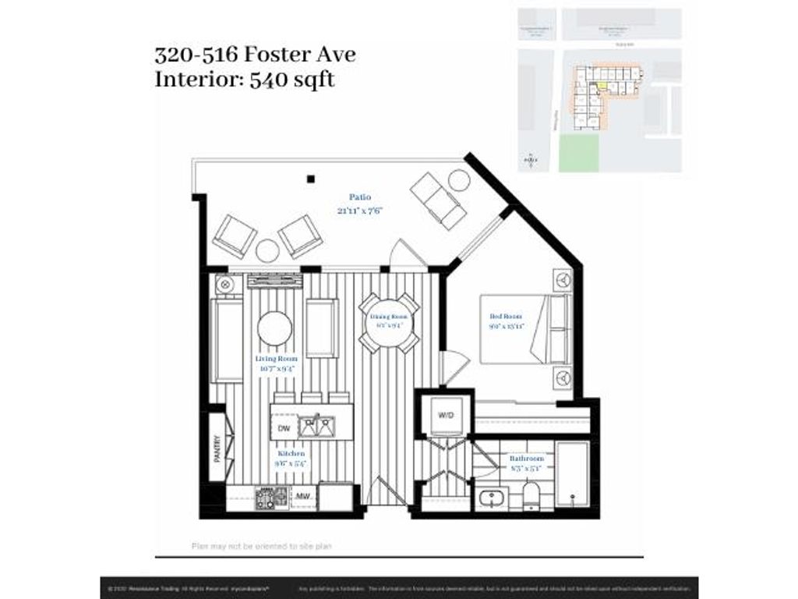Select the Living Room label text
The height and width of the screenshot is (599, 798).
(x=276, y=358)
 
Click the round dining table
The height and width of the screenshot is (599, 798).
(x=389, y=322)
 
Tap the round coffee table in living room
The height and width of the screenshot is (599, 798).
(x=274, y=328)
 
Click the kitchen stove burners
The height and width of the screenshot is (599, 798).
(x=270, y=497)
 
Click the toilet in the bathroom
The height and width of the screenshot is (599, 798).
(x=532, y=494)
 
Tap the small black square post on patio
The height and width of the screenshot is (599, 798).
(x=310, y=179)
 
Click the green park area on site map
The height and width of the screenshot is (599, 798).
(x=579, y=152)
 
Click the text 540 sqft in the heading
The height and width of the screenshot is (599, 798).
(x=291, y=79)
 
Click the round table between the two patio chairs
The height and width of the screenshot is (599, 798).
(x=267, y=250)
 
